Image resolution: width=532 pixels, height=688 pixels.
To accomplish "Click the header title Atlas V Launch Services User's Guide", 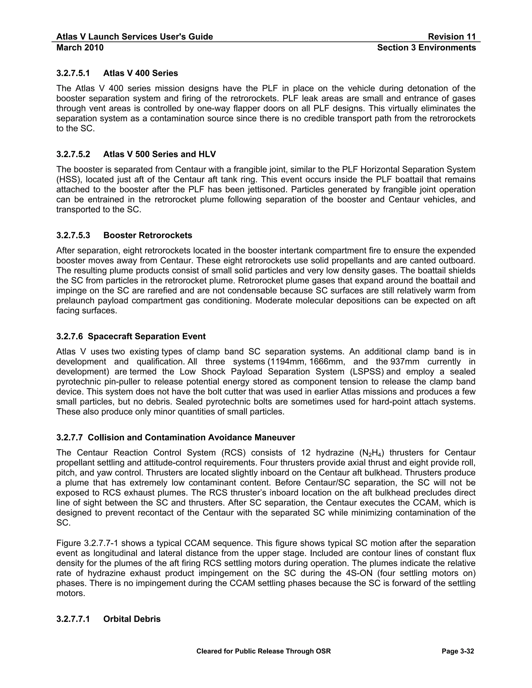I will click(135, 37).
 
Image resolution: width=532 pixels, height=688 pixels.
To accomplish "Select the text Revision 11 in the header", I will click(452, 37).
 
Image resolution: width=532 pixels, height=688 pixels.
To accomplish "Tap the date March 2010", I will click(80, 48).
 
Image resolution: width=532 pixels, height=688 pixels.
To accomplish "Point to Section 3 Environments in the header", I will click(427, 48).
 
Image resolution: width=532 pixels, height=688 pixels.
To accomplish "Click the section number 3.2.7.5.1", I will click(73, 73).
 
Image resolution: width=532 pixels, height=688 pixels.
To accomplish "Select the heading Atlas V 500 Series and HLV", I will click(159, 154).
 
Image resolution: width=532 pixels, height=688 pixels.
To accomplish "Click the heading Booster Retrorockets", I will click(148, 235).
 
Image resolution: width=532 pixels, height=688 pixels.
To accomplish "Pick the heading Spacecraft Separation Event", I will click(147, 336).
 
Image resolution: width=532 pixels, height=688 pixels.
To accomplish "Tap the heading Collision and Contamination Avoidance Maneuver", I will click(191, 437).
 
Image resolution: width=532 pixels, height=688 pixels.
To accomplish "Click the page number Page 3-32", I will click(458, 651).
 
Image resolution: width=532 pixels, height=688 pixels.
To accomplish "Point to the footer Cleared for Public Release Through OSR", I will click(263, 651).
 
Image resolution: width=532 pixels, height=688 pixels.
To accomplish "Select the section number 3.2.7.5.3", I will click(73, 235).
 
